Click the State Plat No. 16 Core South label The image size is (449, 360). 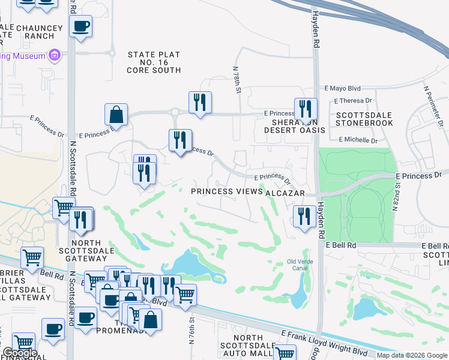tap(154, 62)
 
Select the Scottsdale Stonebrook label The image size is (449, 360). tap(364, 119)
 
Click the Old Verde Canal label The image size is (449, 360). tap(300, 265)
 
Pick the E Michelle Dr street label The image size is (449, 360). tap(358, 140)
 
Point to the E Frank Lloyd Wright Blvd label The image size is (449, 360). tap(324, 343)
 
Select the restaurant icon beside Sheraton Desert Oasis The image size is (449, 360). tap(305, 109)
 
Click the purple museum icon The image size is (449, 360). tap(55, 56)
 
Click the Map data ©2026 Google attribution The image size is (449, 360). tap(412, 355)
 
